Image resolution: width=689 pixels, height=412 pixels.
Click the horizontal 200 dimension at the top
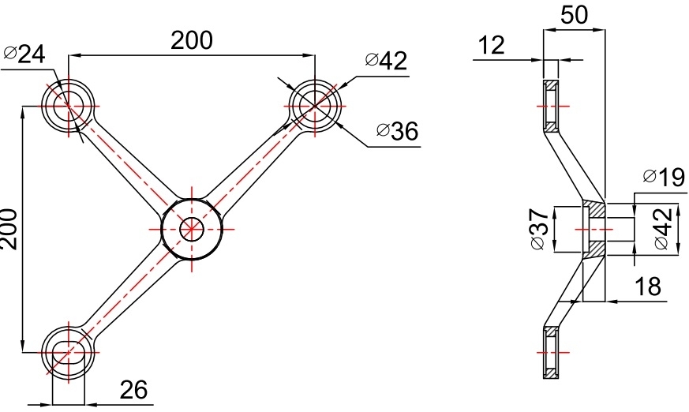193,40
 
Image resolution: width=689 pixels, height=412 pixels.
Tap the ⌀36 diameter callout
397,131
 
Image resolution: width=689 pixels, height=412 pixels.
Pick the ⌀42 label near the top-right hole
386,61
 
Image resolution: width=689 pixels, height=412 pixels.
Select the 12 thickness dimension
491,45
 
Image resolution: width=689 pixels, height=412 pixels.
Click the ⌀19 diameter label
664,178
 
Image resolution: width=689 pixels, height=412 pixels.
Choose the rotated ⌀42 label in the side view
663,228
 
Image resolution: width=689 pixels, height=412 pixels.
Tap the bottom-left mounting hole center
68,352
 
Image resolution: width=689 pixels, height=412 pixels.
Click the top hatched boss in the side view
550,106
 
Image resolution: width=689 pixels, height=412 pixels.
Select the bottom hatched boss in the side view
550,351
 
